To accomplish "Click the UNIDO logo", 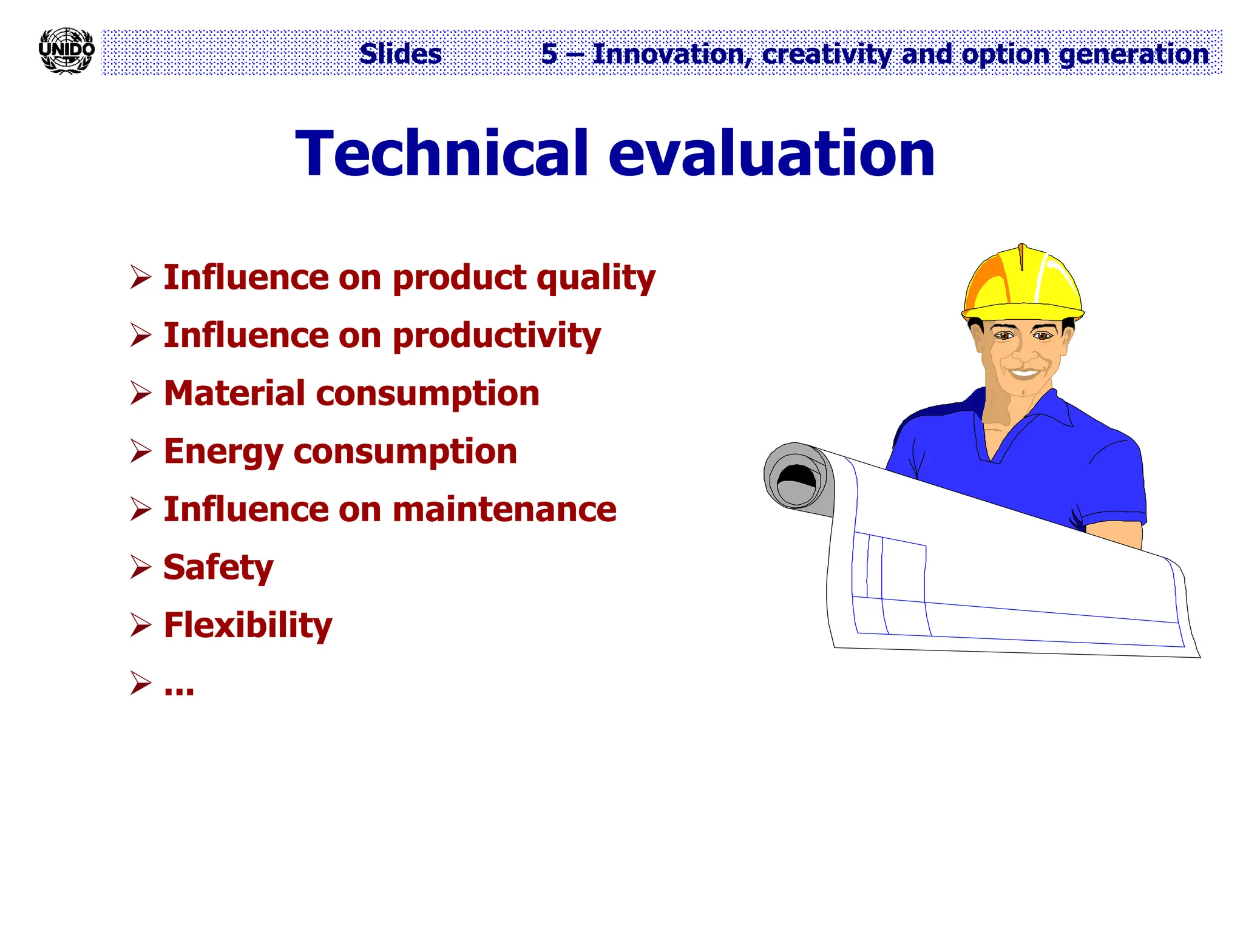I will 66,51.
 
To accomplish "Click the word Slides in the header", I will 400,54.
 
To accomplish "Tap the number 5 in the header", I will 549,54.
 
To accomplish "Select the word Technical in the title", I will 441,154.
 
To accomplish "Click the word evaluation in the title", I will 771,154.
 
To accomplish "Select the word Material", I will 234,393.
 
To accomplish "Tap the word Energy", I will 223,452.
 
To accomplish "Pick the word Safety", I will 218,568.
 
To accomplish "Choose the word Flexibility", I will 248,626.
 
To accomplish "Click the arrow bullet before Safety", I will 140,567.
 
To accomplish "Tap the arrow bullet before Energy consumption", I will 140,451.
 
